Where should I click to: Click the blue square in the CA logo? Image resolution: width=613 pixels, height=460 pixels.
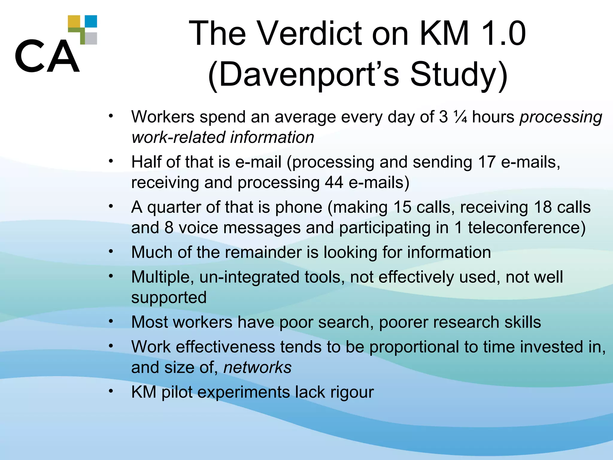click(91, 22)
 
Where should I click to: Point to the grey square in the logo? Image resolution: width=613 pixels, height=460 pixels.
click(91, 38)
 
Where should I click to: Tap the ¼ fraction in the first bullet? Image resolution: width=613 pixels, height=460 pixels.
click(460, 117)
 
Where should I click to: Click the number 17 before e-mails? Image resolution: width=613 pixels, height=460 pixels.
click(487, 162)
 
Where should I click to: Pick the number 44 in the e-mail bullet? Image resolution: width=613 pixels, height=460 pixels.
click(334, 182)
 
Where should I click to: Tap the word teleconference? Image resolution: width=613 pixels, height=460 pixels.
click(526, 228)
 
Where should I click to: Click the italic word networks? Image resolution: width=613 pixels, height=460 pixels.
click(257, 367)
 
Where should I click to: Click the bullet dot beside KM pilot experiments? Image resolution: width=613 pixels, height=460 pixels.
click(111, 391)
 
